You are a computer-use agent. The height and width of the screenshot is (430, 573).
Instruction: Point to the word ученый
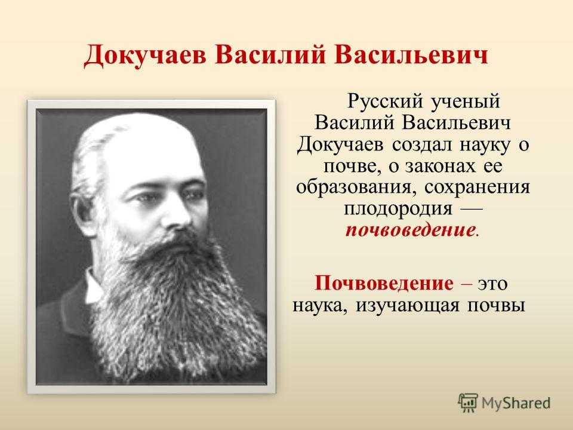point(465,102)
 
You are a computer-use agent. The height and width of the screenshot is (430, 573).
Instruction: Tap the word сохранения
point(477,188)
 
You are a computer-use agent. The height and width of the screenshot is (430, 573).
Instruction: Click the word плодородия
point(398,209)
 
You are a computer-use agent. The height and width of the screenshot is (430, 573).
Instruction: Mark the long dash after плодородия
point(472,209)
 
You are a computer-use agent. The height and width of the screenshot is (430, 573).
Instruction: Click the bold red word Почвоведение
point(384,282)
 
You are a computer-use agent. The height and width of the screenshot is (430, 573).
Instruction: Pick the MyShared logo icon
point(468,403)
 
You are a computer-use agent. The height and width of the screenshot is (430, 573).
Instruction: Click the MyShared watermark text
point(516,403)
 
